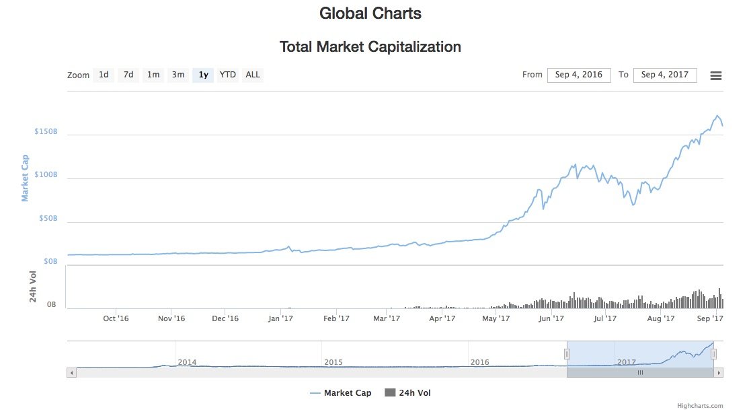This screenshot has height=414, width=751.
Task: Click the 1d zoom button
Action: (104, 75)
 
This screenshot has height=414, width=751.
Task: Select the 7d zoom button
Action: (128, 75)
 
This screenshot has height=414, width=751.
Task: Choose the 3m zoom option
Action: (178, 75)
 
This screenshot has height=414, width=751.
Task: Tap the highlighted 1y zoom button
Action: (203, 75)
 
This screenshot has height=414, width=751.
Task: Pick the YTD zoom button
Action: (228, 75)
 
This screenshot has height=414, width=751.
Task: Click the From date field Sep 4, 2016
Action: (579, 75)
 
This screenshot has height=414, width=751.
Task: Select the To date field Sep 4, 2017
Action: (665, 75)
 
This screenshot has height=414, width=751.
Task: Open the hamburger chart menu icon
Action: (716, 75)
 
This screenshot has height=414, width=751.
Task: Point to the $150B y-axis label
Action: (46, 131)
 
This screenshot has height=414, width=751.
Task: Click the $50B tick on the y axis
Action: (47, 219)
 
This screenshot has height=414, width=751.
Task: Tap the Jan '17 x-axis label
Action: (280, 318)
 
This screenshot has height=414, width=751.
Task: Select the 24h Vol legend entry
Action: (407, 393)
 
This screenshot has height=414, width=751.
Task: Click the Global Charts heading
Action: (370, 13)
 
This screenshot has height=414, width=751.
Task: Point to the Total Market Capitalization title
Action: (370, 47)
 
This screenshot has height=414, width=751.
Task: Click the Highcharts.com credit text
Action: (700, 406)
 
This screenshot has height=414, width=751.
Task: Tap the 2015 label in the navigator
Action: (333, 362)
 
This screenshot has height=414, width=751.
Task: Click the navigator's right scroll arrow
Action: (719, 372)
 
